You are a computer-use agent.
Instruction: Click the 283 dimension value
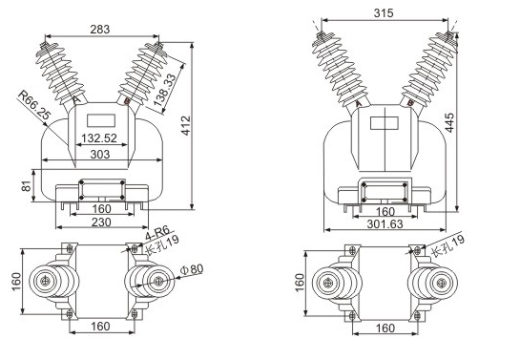tap(100, 30)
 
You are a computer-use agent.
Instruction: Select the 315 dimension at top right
tap(384, 13)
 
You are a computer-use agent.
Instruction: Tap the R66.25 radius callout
tap(34, 104)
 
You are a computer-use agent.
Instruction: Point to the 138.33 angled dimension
tap(165, 90)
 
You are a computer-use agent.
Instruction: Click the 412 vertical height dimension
tap(187, 126)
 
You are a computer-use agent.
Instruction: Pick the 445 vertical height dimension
tap(449, 123)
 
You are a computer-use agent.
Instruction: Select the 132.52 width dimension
tap(99, 138)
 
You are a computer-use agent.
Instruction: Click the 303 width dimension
tap(100, 155)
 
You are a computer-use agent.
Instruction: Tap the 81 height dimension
tap(26, 186)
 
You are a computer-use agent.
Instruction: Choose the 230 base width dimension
tap(101, 222)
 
